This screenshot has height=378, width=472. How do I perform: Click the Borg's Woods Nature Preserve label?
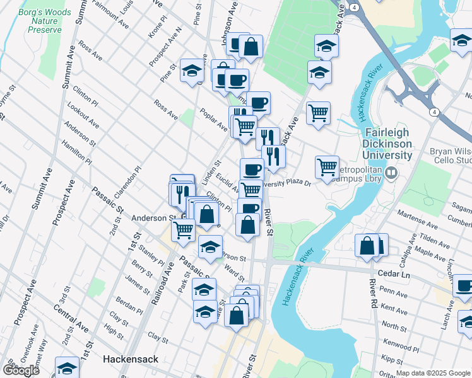(x=40, y=20)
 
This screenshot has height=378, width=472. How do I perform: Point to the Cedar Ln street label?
(x=393, y=275)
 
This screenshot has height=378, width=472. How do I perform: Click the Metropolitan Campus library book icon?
(x=391, y=172)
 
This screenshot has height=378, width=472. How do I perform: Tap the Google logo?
(x=20, y=370)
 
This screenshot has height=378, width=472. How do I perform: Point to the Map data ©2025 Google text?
(x=434, y=373)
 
